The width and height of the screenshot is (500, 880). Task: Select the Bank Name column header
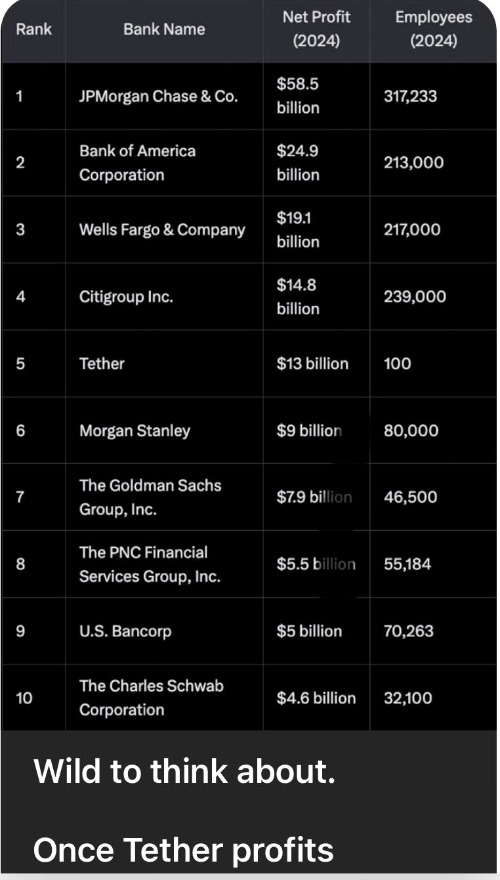coord(164,30)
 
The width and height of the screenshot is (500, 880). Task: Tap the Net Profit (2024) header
coord(316,30)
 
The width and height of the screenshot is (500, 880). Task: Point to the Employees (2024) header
coord(433,30)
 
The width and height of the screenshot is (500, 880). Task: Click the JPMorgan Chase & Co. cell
coord(158,96)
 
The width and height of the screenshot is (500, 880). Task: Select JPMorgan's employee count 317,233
coord(410,96)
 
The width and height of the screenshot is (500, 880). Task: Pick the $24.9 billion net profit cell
coord(298,163)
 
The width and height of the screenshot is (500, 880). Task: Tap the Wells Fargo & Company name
coord(162,230)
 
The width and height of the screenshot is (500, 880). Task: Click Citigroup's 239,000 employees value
coord(415,297)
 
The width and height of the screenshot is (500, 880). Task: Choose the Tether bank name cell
coord(102,364)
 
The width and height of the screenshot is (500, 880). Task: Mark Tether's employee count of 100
coord(398,364)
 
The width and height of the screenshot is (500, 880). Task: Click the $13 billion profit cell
coord(312,364)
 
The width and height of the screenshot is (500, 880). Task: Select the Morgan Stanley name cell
coord(135,430)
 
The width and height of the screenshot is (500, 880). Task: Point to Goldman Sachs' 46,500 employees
coord(410,497)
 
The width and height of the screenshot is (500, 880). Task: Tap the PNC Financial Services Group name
coord(150,564)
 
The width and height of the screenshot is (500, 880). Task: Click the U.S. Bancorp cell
coord(125,631)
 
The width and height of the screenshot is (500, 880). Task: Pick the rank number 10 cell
coord(24,698)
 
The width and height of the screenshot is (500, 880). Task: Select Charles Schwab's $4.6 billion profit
coord(316,698)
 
